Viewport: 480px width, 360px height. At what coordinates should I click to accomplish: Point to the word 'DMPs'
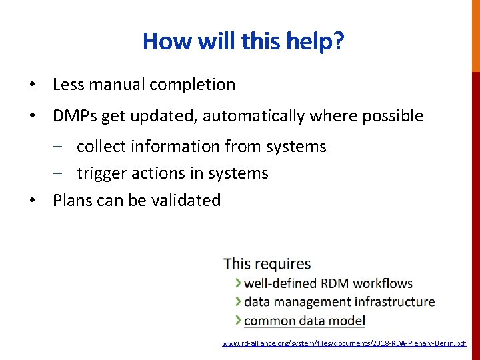(75, 116)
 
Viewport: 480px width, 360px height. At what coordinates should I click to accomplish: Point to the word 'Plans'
(72, 200)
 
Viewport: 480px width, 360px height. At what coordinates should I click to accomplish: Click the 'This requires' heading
(267, 264)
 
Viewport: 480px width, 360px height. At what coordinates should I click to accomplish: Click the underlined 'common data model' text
(305, 321)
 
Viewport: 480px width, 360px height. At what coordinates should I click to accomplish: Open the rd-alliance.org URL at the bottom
(344, 343)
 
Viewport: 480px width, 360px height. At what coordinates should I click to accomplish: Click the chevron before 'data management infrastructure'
(239, 302)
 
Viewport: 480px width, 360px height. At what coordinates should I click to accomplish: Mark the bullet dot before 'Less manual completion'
(31, 85)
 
